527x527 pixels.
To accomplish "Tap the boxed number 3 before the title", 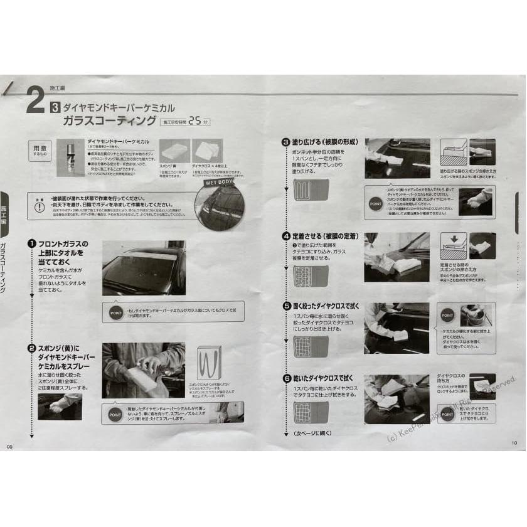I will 55,108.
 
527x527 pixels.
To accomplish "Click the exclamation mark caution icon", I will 40,207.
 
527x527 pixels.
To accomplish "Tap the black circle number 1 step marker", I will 30,243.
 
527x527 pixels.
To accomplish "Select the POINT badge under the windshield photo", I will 116,312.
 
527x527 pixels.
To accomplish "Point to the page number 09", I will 9,446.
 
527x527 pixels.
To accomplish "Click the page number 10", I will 514,443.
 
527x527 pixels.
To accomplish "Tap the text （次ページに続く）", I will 313,433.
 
